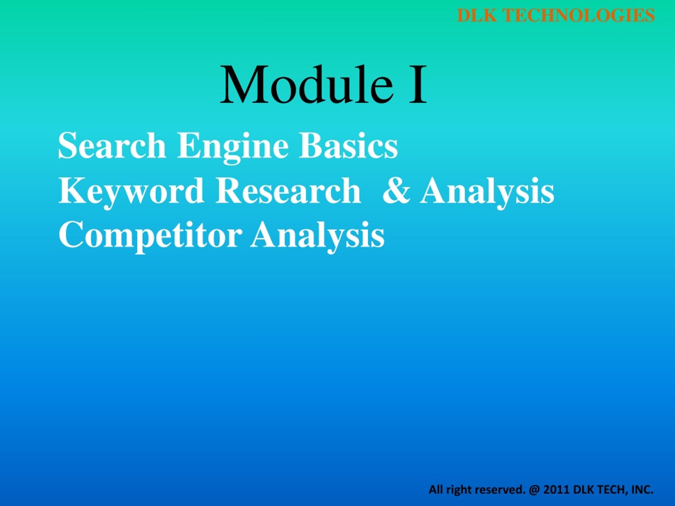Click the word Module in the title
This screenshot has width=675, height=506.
coord(307,85)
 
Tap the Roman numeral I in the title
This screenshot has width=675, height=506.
coord(417,85)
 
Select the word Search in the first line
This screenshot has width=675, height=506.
coord(112,146)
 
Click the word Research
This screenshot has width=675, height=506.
coord(288,191)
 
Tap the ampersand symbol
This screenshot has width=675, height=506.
coord(397,191)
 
